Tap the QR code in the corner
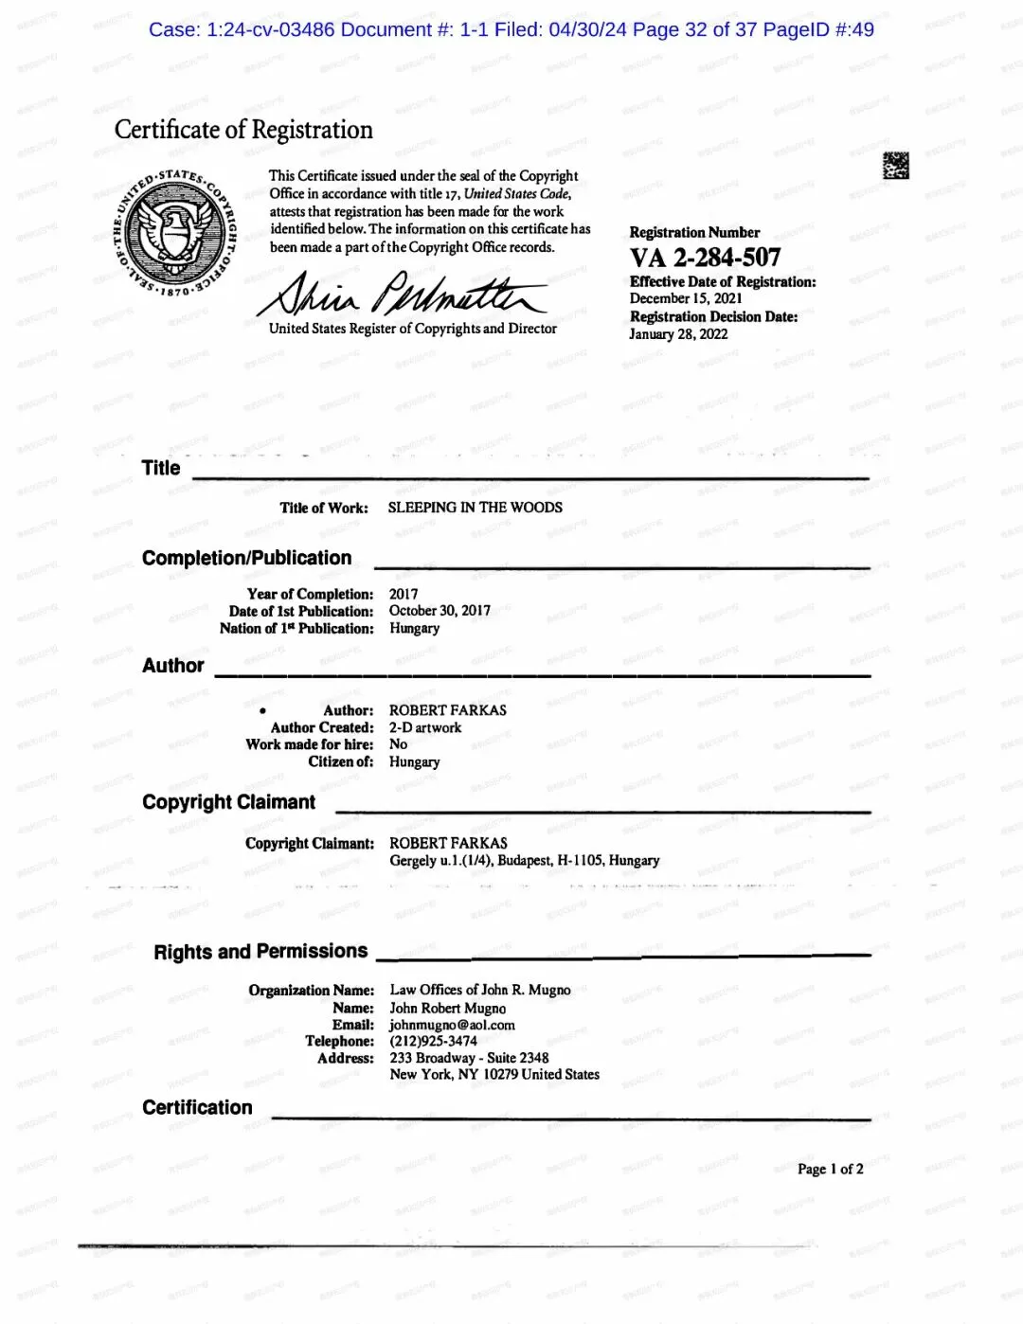(895, 166)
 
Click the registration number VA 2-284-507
(706, 258)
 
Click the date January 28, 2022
(678, 334)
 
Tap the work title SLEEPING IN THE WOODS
(475, 508)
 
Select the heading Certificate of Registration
(243, 130)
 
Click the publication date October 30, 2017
(440, 611)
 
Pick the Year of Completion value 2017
(404, 594)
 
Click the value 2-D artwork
(425, 727)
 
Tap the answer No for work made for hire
(398, 744)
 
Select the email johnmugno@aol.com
(452, 1025)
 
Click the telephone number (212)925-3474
(433, 1041)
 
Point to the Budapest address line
(524, 861)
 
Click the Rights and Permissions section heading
(260, 952)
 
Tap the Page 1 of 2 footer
(830, 1169)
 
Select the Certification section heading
(197, 1108)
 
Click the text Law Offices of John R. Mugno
(480, 990)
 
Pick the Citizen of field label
(340, 761)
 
